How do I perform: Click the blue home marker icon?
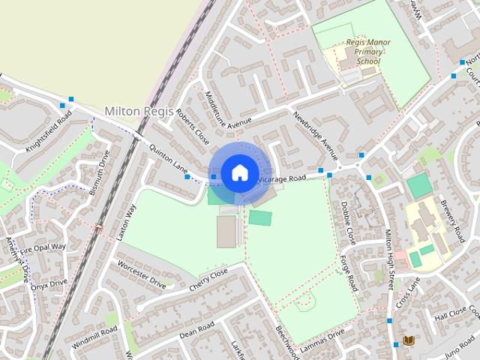point(238,172)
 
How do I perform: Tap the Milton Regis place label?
point(139,111)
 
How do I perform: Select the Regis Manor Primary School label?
point(364,52)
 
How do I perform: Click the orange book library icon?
point(408,341)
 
